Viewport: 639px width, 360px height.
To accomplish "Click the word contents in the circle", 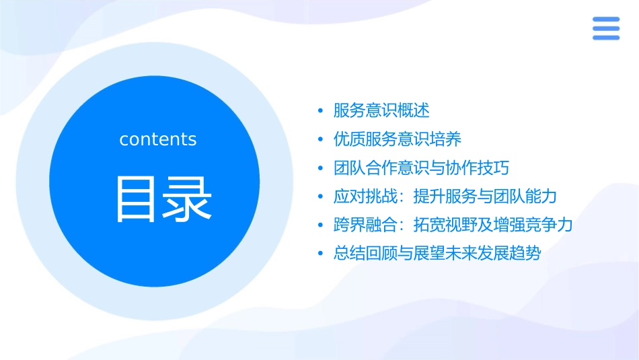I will coord(158,139).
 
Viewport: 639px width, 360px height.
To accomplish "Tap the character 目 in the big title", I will coord(136,199).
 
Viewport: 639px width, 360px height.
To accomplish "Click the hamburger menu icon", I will coord(606,28).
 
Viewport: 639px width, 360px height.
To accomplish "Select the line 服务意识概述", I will coord(381,110).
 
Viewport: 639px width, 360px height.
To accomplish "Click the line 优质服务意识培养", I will coord(398,139).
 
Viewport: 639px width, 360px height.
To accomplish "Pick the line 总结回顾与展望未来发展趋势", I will coord(437,254).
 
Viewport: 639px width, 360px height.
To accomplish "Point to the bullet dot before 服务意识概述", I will coord(320,111).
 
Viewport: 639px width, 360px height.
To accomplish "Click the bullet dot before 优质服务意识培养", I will coord(320,140).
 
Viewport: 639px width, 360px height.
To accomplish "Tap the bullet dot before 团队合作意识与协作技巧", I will coord(320,168).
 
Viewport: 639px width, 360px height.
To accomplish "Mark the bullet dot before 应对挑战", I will coord(320,197).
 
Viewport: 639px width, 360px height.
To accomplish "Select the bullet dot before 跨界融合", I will coord(320,225).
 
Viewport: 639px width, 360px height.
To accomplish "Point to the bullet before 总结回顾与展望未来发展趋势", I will coord(320,254).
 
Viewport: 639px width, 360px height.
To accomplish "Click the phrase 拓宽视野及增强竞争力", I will coord(493,225).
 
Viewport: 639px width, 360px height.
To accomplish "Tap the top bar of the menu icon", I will coord(606,20).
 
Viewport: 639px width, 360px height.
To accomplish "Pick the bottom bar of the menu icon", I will coord(606,37).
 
